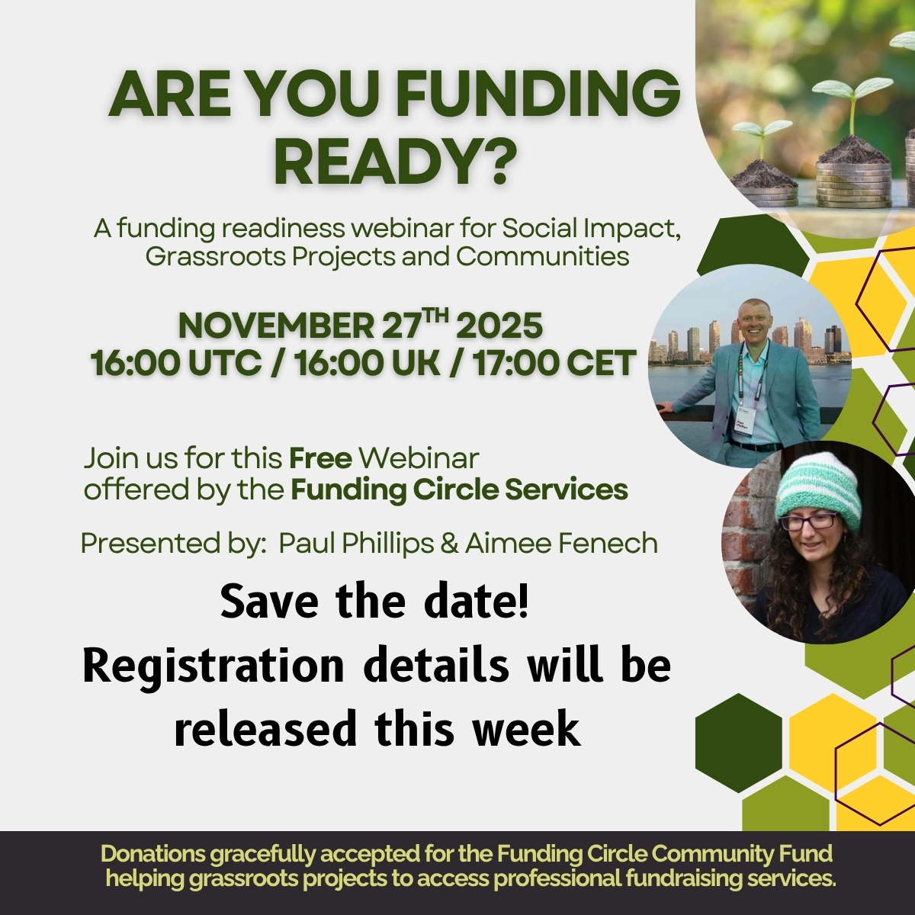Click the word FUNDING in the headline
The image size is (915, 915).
click(x=542, y=95)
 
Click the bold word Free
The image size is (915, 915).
click(x=320, y=459)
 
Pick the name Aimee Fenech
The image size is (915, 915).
click(x=560, y=544)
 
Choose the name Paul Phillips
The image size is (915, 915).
click(x=356, y=544)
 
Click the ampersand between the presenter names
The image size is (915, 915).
click(x=449, y=544)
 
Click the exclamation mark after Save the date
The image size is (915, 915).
click(x=523, y=601)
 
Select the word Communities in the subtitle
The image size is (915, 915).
click(x=543, y=257)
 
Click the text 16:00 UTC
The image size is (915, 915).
click(x=176, y=363)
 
